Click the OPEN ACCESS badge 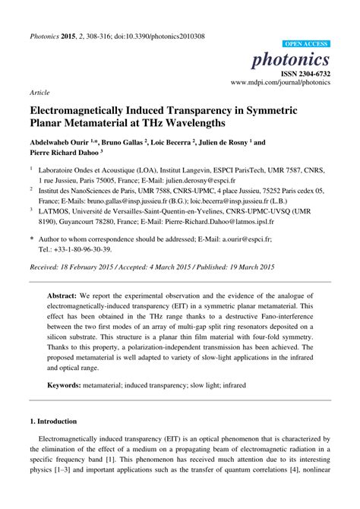click(305, 44)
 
